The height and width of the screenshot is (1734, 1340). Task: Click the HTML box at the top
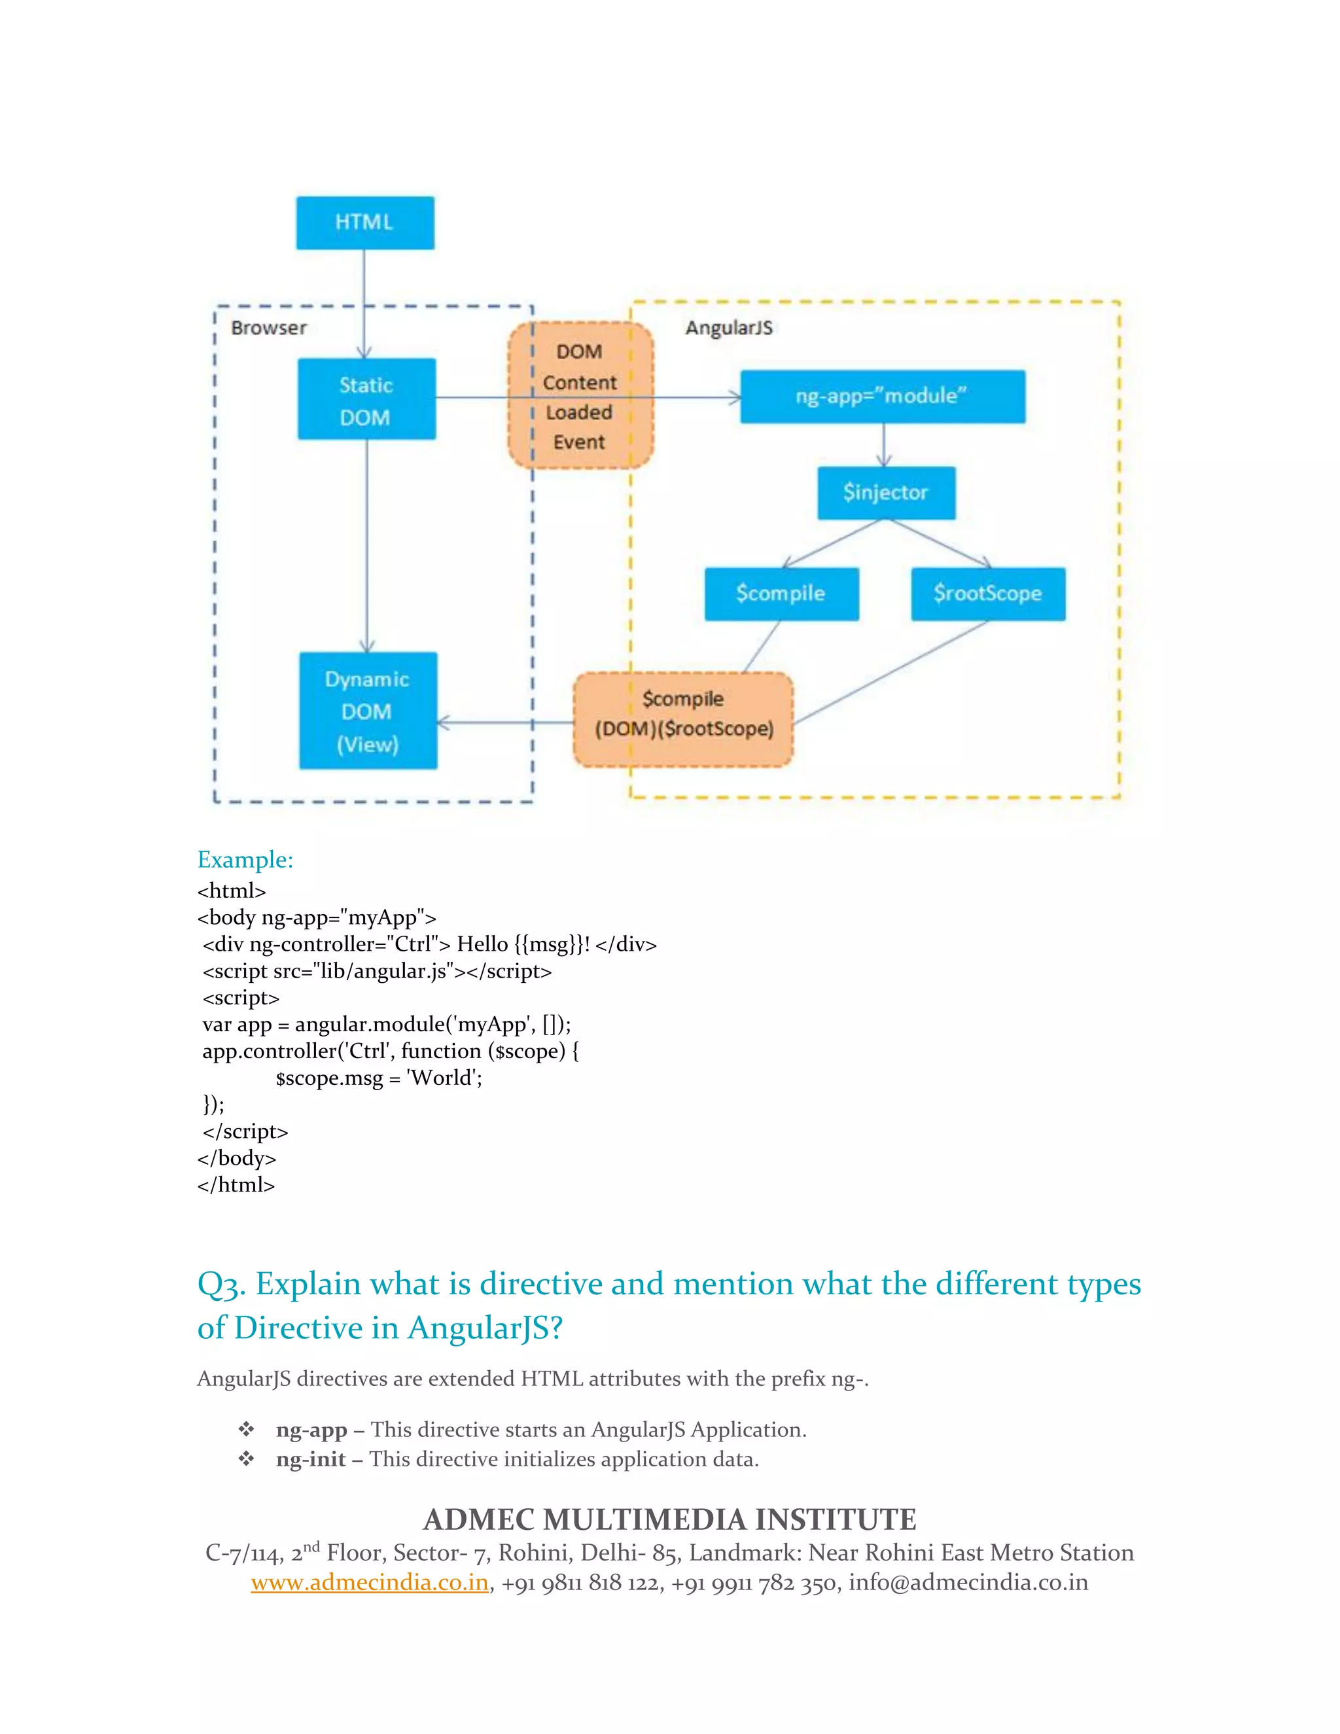[x=365, y=222]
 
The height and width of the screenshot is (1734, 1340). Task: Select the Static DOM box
[x=366, y=398]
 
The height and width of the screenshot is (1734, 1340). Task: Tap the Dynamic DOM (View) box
[x=368, y=711]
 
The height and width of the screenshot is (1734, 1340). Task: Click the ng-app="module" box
[x=882, y=396]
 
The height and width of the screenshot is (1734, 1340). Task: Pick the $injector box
[x=886, y=493]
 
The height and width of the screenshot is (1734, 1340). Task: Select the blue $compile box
[x=781, y=594]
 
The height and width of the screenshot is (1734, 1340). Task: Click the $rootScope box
[x=987, y=594]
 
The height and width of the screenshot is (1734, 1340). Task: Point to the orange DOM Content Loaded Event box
[x=580, y=396]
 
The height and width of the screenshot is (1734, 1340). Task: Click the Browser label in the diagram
[x=268, y=328]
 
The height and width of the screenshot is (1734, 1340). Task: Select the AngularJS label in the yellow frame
[x=729, y=328]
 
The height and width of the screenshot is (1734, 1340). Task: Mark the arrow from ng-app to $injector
[x=883, y=444]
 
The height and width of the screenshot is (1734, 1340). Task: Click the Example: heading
[x=245, y=859]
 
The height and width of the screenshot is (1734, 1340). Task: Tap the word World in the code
[x=444, y=1078]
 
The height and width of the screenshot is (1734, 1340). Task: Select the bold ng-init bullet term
[x=310, y=1459]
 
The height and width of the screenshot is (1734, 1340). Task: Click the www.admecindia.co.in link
[x=369, y=1582]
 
